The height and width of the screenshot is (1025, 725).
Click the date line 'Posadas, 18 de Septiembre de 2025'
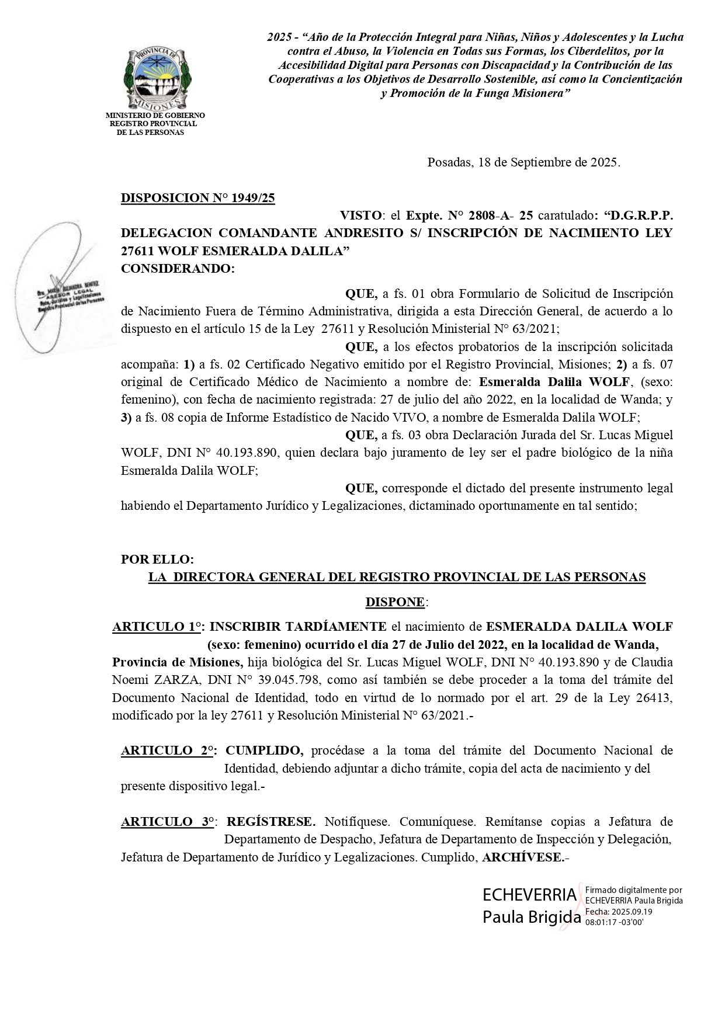click(x=523, y=162)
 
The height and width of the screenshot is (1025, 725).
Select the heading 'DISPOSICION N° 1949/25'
click(x=197, y=198)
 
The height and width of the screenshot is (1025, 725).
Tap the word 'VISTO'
click(x=361, y=216)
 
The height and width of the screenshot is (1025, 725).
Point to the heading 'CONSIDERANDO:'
click(x=178, y=269)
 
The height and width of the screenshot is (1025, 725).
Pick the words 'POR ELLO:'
click(x=157, y=559)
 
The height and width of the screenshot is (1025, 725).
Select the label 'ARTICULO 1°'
click(x=157, y=627)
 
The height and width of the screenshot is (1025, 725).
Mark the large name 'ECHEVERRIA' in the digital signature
click(x=529, y=895)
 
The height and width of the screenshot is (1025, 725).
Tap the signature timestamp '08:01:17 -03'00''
click(x=614, y=922)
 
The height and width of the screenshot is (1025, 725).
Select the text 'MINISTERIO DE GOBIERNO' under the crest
click(x=155, y=116)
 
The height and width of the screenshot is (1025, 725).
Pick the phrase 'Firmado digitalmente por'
click(x=633, y=891)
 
